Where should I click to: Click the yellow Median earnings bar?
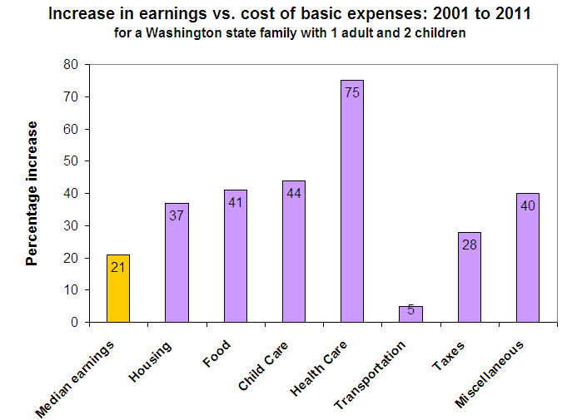click(118, 289)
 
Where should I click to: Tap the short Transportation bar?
click(410, 314)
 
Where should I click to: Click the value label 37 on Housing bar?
click(177, 214)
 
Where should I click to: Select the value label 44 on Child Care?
click(294, 191)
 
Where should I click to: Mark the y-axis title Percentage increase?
click(32, 193)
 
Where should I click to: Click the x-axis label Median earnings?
click(80, 377)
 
